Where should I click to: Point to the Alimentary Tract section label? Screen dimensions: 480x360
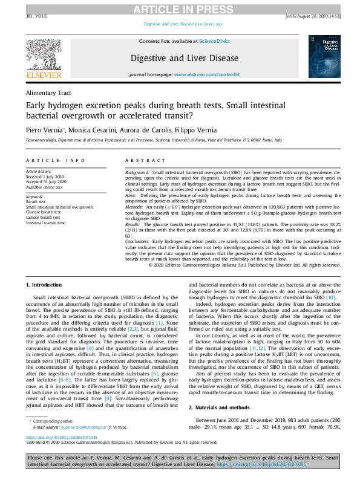(48, 93)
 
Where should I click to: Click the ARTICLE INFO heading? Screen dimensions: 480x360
(55, 160)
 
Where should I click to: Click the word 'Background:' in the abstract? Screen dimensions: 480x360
(137, 172)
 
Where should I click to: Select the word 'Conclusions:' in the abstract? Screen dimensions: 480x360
(139, 241)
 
